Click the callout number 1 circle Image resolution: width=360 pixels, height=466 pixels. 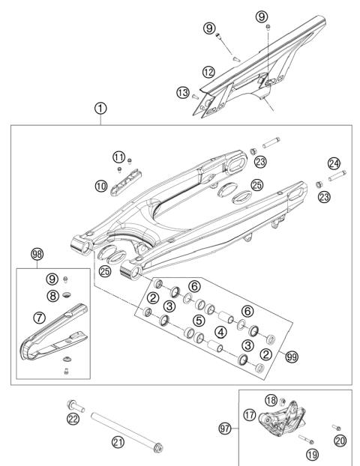100,108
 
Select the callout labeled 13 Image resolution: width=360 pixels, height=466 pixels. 183,92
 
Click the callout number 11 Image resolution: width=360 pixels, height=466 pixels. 118,157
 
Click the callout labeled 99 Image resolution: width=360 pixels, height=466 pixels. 292,357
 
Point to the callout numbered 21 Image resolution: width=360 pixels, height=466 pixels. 118,442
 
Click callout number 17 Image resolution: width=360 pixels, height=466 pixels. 249,413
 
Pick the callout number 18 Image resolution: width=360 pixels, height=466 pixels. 271,401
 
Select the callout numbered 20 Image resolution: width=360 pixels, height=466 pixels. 340,441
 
